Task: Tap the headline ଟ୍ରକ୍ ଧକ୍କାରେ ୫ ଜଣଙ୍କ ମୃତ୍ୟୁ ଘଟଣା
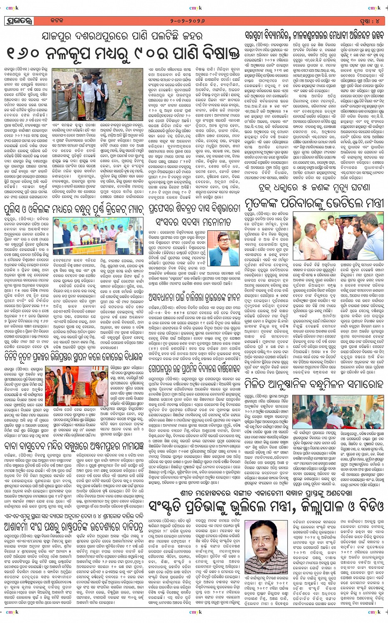pyautogui.click(x=314, y=188)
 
